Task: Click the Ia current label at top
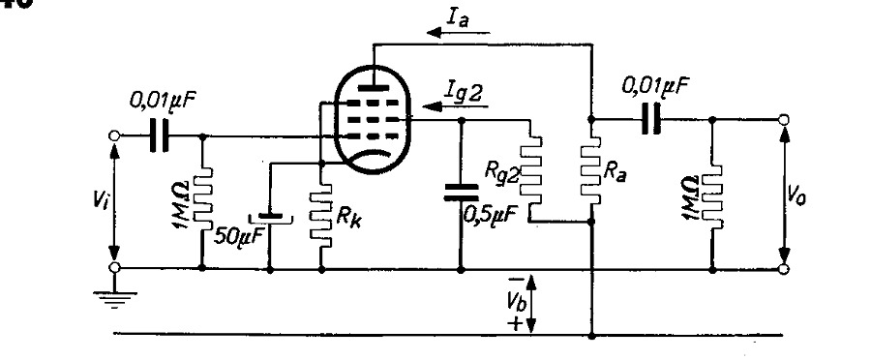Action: click(460, 18)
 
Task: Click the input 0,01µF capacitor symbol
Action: click(159, 135)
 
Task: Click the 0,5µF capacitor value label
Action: click(487, 215)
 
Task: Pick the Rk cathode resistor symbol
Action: click(321, 215)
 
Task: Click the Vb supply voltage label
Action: click(515, 301)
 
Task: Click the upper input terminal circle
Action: click(114, 135)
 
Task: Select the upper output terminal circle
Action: click(783, 119)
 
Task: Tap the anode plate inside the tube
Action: click(374, 87)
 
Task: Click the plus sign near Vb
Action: click(516, 323)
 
